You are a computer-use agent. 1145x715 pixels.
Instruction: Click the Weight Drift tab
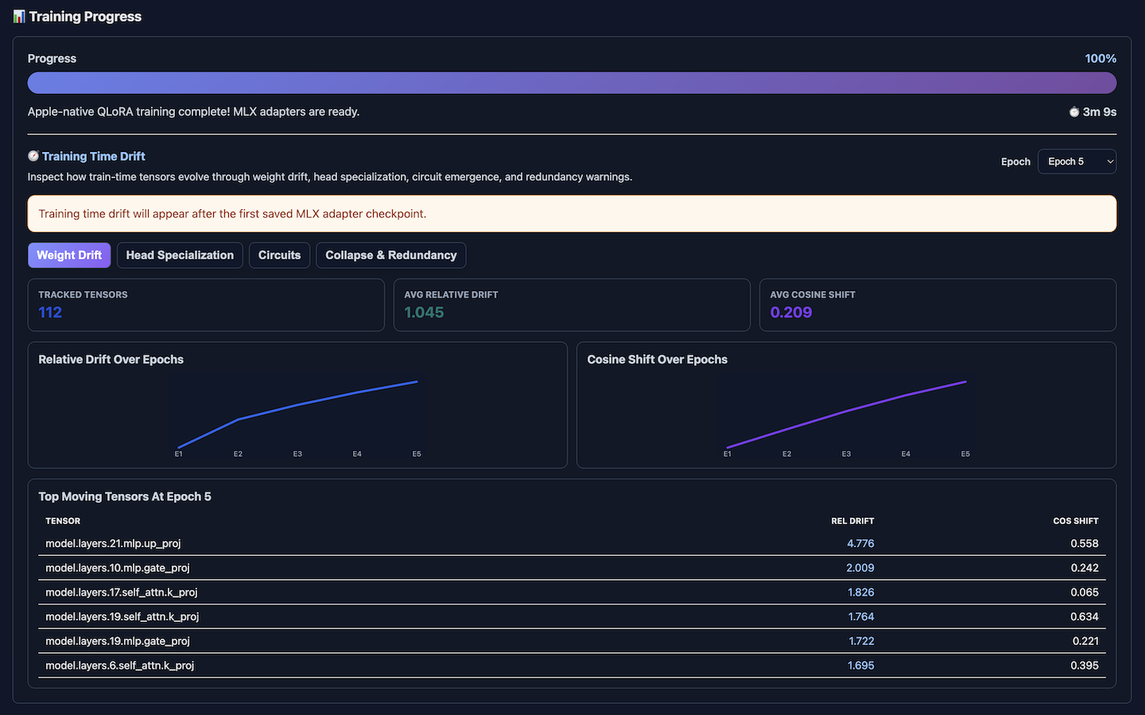coord(69,255)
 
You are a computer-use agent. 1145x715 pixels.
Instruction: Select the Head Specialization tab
coord(180,255)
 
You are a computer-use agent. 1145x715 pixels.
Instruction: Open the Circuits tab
coord(279,255)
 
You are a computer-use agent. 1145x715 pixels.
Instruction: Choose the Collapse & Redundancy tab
coord(391,255)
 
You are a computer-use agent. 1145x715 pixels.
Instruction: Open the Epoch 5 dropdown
coord(1077,161)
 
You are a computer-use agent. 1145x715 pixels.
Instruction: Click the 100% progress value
coord(1100,59)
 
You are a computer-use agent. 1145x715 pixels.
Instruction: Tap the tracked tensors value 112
coord(50,313)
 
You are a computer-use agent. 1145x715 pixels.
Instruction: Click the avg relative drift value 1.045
coord(424,313)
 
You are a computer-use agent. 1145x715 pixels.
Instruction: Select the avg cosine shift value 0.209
coord(790,313)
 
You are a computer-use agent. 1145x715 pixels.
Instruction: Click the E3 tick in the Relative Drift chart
coord(297,454)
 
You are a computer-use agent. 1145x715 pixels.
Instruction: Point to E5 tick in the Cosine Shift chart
coord(965,454)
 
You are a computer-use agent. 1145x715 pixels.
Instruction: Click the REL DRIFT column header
coord(852,521)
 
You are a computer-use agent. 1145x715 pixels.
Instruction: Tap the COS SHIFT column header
coord(1076,521)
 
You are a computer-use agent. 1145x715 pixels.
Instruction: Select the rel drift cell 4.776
coord(860,544)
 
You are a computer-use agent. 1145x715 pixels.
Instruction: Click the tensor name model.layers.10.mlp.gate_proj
coord(118,568)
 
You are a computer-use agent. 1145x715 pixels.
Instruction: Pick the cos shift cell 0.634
coord(1085,617)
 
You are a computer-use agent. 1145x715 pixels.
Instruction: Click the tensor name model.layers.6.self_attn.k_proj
coord(119,666)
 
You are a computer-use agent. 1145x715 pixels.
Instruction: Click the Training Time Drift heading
coord(94,157)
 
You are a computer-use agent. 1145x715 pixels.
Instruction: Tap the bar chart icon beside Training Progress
coord(19,17)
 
